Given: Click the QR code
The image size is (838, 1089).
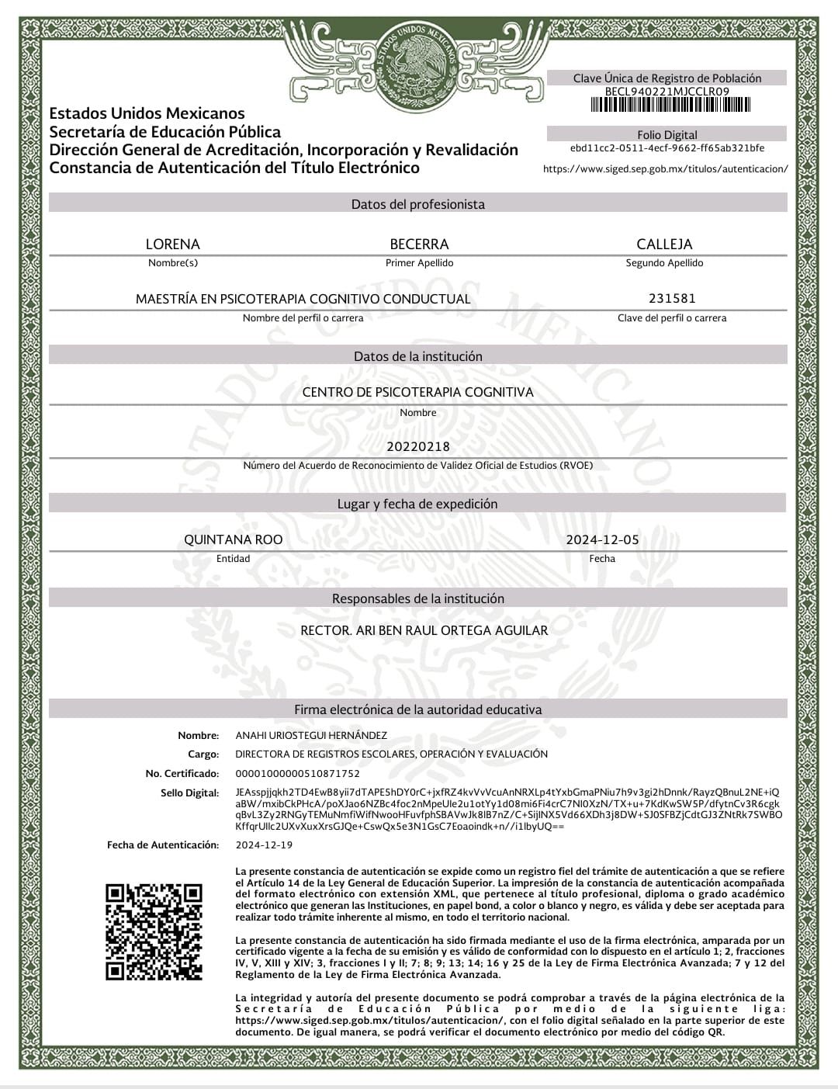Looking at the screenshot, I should pyautogui.click(x=154, y=931).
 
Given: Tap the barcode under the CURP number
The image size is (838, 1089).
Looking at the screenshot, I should pyautogui.click(x=667, y=104).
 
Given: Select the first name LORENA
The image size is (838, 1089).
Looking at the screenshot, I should pyautogui.click(x=173, y=244).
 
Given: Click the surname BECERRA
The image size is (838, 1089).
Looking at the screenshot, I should pyautogui.click(x=419, y=244).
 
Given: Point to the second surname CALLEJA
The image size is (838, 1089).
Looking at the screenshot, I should pyautogui.click(x=664, y=244).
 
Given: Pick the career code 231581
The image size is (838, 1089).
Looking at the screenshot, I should pyautogui.click(x=672, y=298).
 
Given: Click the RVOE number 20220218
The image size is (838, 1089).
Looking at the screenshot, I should pyautogui.click(x=418, y=446).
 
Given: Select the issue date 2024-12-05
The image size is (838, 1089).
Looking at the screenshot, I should pyautogui.click(x=602, y=539).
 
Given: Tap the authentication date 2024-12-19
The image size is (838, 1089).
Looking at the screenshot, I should pyautogui.click(x=264, y=844).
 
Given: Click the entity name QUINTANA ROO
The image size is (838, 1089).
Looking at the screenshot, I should pyautogui.click(x=233, y=539).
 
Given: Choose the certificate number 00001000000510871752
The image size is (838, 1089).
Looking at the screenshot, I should pyautogui.click(x=297, y=773).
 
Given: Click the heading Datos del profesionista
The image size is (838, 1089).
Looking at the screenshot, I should pyautogui.click(x=418, y=204).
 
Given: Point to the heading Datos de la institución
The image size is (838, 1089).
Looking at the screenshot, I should pyautogui.click(x=418, y=356).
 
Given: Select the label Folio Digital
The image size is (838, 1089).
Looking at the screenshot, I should pyautogui.click(x=667, y=134).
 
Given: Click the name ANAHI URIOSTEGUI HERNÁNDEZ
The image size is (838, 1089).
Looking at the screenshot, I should pyautogui.click(x=311, y=735).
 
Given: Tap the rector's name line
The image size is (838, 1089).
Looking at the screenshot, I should pyautogui.click(x=424, y=630).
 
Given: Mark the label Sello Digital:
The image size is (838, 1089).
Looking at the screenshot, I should pyautogui.click(x=190, y=792).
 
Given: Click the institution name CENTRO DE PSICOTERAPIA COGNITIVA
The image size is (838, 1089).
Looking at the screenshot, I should pyautogui.click(x=418, y=392).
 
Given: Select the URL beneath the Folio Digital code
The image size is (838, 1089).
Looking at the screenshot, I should pyautogui.click(x=666, y=168).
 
